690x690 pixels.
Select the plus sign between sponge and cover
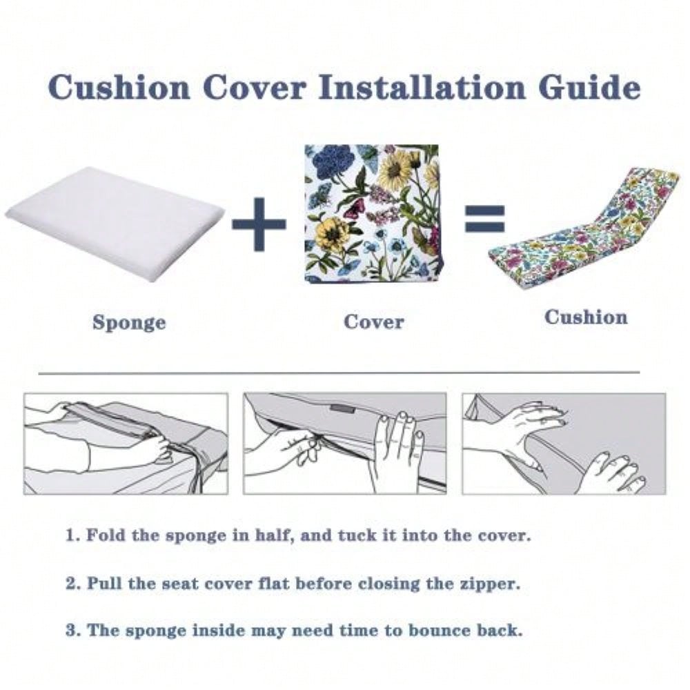point(259,224)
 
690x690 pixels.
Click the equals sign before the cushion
point(485,218)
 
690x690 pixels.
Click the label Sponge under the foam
point(130,323)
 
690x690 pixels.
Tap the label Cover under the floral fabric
point(373,322)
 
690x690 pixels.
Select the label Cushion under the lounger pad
point(586,317)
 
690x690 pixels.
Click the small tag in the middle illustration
point(343,408)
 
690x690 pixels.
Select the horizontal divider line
point(339,373)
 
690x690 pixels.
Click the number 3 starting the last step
point(71,631)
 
